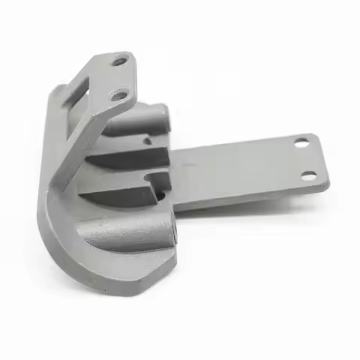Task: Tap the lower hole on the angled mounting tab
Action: pos(118,94)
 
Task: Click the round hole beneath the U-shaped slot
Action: pos(160,196)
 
